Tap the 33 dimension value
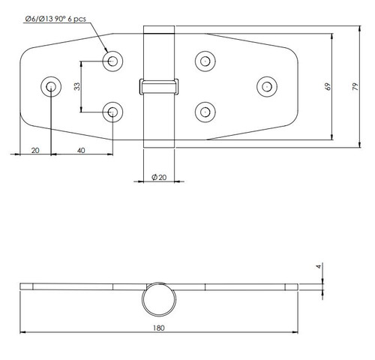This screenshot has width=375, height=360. [77, 86]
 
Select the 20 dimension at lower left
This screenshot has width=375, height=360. [34, 150]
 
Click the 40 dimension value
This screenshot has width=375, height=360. [82, 150]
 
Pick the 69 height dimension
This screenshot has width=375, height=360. [328, 87]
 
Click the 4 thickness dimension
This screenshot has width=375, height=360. [319, 266]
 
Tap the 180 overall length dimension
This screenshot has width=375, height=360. [157, 328]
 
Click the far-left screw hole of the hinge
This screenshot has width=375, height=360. [51, 86]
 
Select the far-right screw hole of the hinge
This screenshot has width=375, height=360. [265, 86]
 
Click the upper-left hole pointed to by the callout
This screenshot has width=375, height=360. [112, 61]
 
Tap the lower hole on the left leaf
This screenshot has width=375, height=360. [112, 112]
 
